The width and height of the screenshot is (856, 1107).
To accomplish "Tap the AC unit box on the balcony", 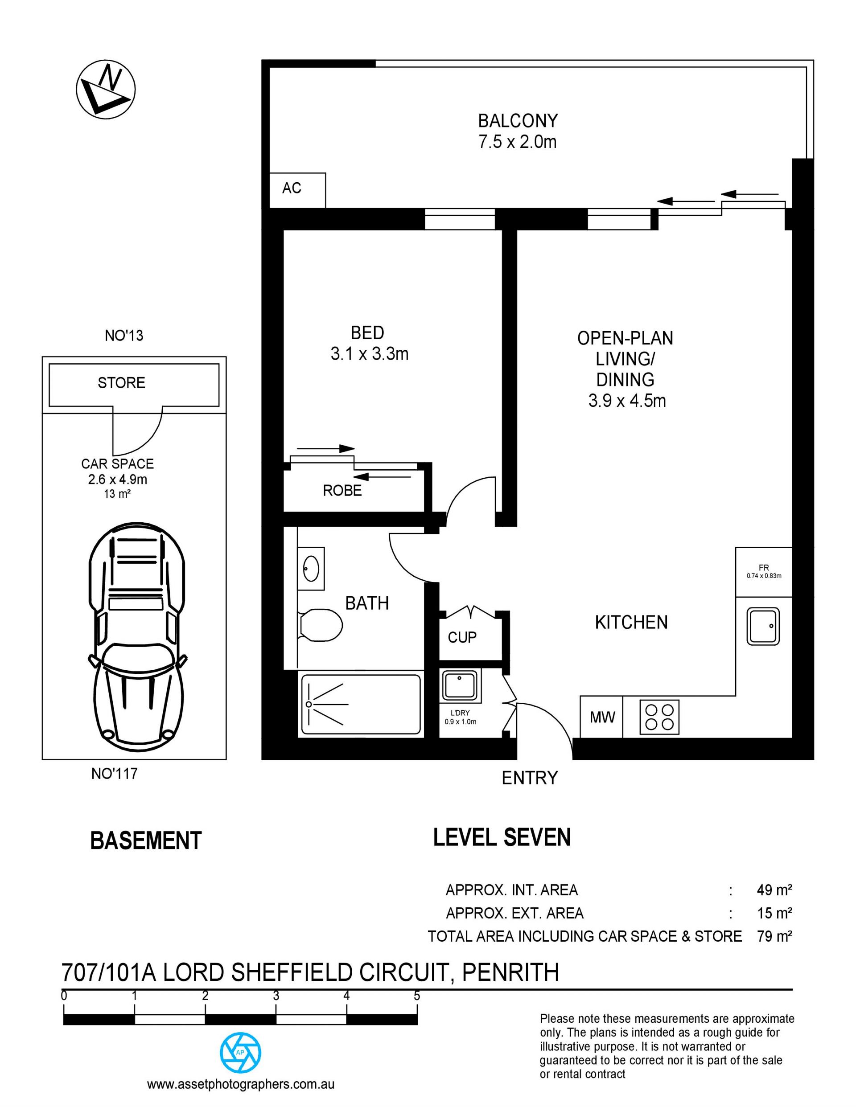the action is click(x=297, y=190).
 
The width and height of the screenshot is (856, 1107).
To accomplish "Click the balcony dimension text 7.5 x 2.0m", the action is click(x=517, y=142).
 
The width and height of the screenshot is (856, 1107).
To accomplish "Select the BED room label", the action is click(x=368, y=333).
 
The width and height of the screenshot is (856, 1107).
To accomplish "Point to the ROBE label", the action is click(x=342, y=491).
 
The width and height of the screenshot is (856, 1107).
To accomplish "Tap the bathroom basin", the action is click(x=311, y=568).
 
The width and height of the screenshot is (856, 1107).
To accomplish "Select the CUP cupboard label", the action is click(x=462, y=637).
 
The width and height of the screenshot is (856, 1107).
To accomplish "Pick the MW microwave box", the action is click(x=602, y=717).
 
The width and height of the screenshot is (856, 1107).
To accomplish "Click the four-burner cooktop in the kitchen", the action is click(x=659, y=717).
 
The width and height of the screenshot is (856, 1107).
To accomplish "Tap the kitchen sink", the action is click(x=763, y=627).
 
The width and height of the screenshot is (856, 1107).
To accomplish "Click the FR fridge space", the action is click(x=764, y=572).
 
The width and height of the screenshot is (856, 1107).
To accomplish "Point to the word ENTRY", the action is click(x=529, y=778).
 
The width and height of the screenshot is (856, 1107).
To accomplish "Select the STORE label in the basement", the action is click(x=122, y=383).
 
